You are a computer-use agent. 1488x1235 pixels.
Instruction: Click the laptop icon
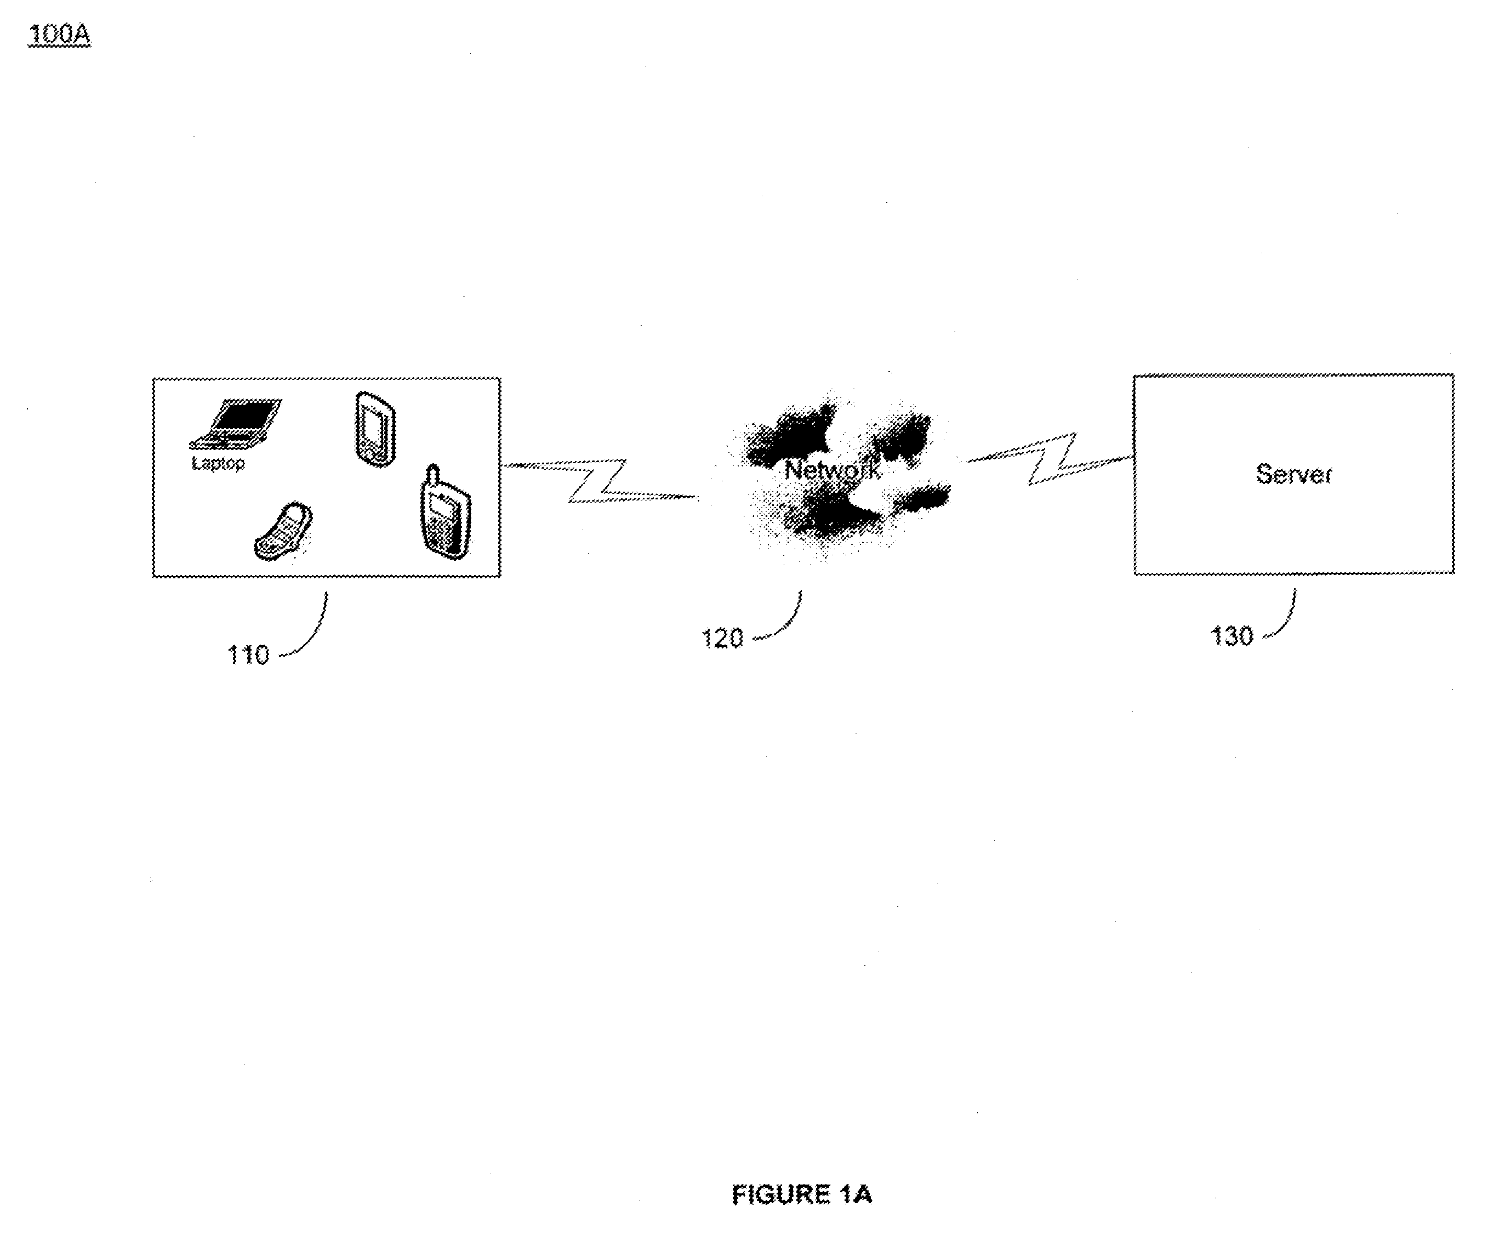[x=236, y=424]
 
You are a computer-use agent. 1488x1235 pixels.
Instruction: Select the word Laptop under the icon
[x=218, y=463]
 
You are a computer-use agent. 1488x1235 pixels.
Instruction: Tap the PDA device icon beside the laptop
[x=375, y=429]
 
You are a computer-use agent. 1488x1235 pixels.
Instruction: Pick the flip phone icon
[x=283, y=531]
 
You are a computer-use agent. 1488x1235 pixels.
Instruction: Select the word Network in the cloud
[x=833, y=470]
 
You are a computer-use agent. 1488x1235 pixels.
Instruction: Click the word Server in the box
[x=1294, y=474]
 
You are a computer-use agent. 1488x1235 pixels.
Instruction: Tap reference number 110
[x=248, y=655]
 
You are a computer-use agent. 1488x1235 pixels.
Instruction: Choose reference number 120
[x=722, y=639]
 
